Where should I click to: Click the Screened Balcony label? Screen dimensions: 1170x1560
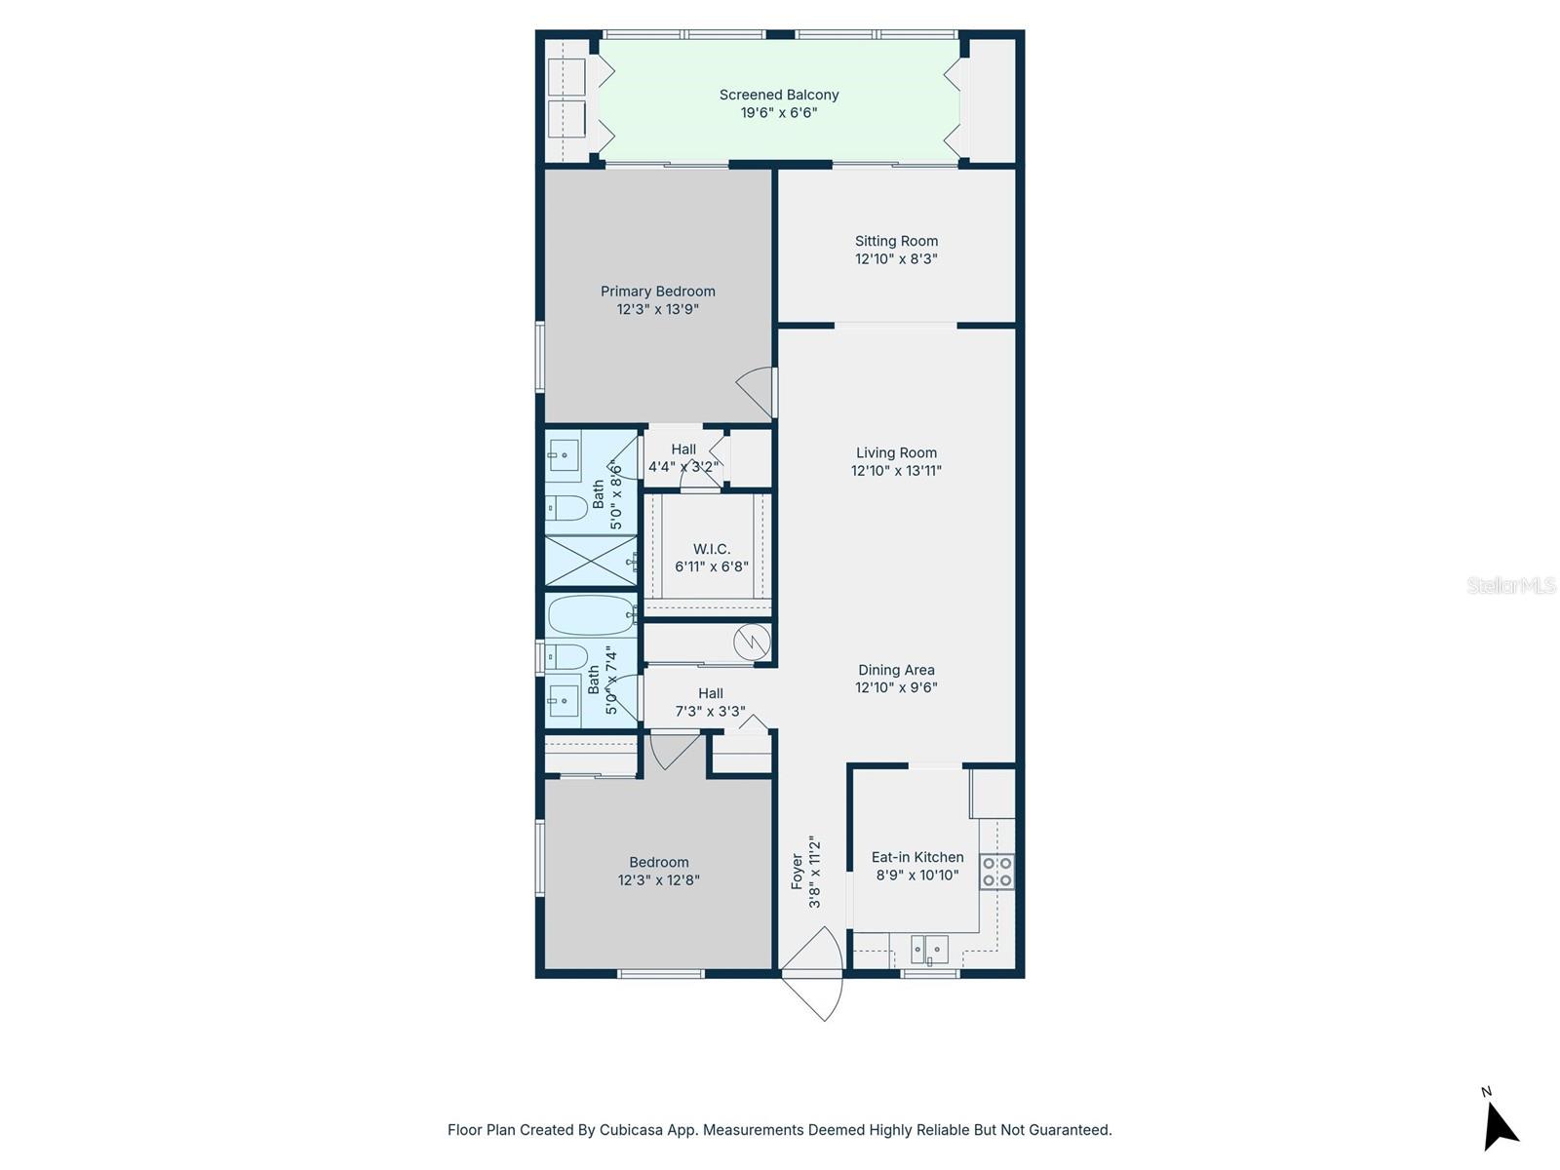(x=778, y=95)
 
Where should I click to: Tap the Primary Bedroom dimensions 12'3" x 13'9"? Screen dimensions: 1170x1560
(x=657, y=309)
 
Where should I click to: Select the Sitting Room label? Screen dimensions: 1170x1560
(x=896, y=241)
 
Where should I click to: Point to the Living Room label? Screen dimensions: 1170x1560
(x=896, y=452)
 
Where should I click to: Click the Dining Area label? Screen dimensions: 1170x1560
(x=896, y=670)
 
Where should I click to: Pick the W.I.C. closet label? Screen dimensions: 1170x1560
(x=712, y=549)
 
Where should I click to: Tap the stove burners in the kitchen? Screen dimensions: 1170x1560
(x=996, y=871)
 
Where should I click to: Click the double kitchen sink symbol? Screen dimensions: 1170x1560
(x=929, y=949)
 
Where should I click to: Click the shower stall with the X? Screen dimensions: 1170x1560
(x=590, y=561)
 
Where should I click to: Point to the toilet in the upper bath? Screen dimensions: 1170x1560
(x=566, y=508)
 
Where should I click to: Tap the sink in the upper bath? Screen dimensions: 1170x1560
(x=563, y=455)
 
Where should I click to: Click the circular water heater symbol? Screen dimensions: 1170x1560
(x=752, y=642)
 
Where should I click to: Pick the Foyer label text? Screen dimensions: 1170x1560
(x=798, y=871)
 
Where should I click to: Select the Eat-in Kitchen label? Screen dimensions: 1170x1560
(x=916, y=857)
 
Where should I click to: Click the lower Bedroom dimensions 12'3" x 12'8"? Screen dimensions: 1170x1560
(x=658, y=879)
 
